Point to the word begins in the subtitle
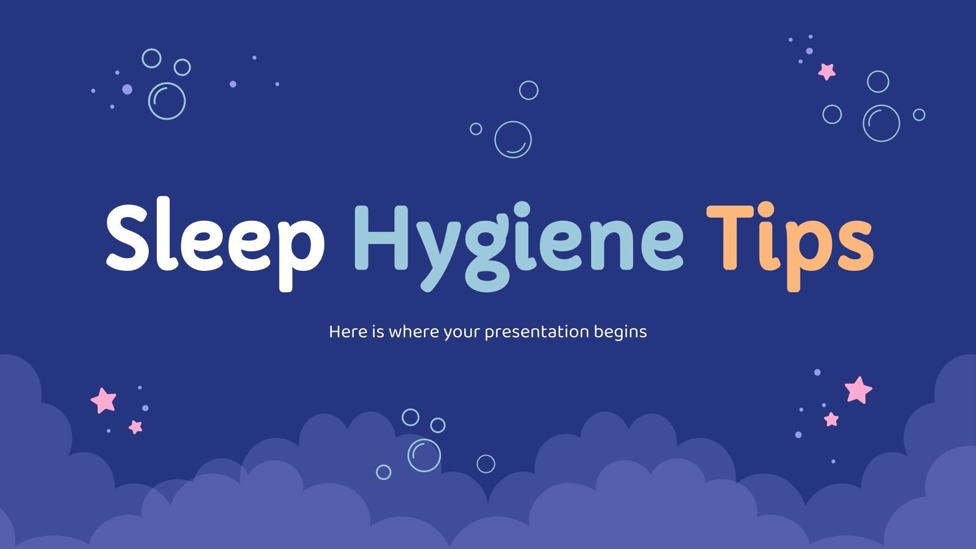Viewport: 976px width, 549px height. pos(619,332)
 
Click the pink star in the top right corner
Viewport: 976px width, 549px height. pos(827,71)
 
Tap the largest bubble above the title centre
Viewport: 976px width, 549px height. pos(513,140)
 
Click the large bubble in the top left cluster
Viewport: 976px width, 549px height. pos(167,101)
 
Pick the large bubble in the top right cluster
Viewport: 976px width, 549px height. pos(881,123)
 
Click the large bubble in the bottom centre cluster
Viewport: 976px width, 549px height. pos(424,454)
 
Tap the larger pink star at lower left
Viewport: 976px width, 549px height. pos(104,400)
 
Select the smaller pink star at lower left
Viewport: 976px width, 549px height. pos(135,426)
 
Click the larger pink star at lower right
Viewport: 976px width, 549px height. pos(858,390)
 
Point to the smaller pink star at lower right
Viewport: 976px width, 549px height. pos(831,419)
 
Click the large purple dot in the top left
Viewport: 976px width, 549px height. pos(127,89)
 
